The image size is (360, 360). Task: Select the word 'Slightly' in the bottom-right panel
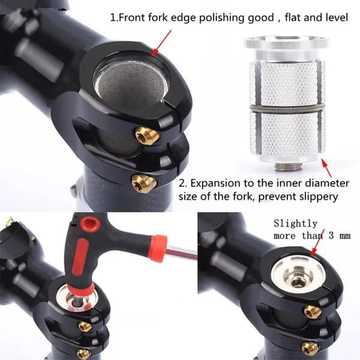point(295,224)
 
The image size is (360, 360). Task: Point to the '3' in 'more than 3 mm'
point(331,236)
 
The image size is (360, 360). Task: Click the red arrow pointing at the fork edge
point(161,43)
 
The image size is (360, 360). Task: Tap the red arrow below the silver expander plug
point(326,168)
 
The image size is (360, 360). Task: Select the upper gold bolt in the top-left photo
point(147,136)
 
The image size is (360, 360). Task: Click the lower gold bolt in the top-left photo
point(144,184)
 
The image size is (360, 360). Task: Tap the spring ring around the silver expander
point(287,108)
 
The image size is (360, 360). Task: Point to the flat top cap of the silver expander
point(287,43)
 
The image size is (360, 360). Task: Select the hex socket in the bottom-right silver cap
point(298,280)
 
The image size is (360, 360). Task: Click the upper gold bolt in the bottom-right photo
point(313,312)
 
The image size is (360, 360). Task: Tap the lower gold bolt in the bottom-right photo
point(310,349)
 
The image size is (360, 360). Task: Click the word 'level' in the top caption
point(337,18)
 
